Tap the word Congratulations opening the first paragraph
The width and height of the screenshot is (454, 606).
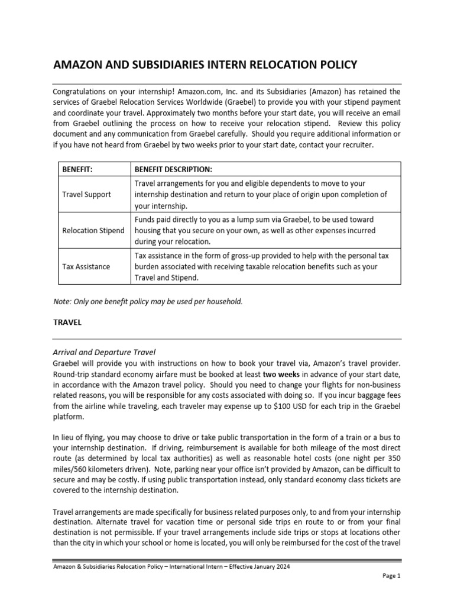(x=83, y=92)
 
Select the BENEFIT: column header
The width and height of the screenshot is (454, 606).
(x=78, y=169)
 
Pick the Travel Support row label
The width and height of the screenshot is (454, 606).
(x=86, y=195)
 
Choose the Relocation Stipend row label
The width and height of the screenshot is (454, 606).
(x=93, y=230)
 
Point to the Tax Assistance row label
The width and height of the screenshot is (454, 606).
(x=86, y=266)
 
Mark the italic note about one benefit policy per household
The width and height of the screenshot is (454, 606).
(x=148, y=301)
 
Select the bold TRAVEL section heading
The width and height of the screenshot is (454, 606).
(x=67, y=323)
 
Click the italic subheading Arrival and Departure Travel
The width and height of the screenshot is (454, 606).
(x=104, y=353)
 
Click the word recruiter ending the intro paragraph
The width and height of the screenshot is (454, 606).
(x=355, y=145)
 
